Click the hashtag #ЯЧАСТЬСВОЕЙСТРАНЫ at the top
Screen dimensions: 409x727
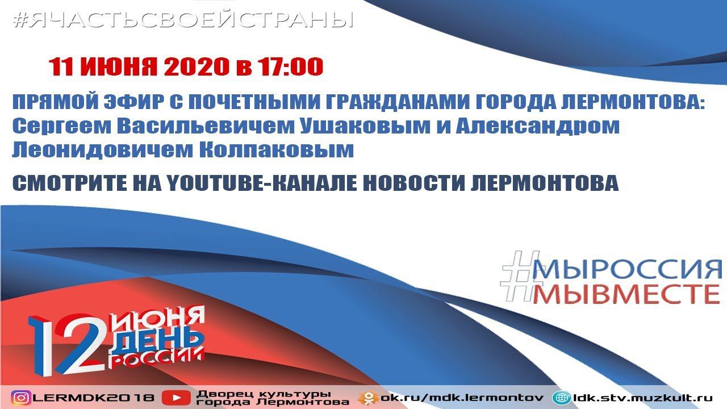point(183,20)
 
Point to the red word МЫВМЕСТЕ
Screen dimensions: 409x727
point(628,295)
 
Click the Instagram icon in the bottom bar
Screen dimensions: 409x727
point(21,398)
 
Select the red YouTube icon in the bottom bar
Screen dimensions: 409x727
point(177,398)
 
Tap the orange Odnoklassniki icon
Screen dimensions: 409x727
point(369,398)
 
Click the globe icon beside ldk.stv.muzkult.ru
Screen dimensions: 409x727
point(562,398)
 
